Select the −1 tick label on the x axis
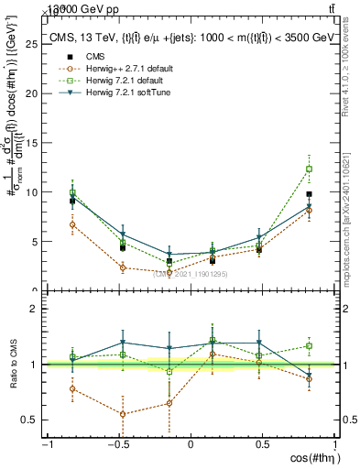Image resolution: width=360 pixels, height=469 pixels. click(x=46, y=446)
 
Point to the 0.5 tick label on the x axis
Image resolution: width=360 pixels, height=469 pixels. click(x=262, y=446)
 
